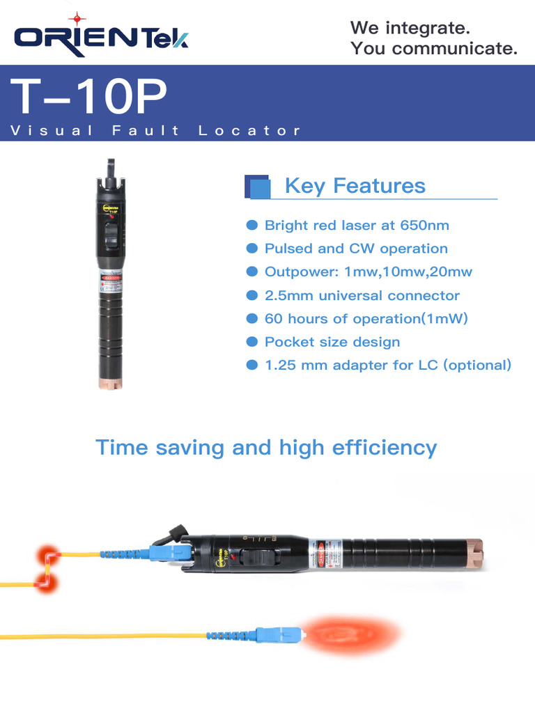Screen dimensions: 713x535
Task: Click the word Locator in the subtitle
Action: (249, 130)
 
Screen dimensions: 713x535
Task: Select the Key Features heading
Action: (355, 186)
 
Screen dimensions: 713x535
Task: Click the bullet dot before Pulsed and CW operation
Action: (252, 249)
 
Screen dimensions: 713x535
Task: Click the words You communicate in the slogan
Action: (434, 49)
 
